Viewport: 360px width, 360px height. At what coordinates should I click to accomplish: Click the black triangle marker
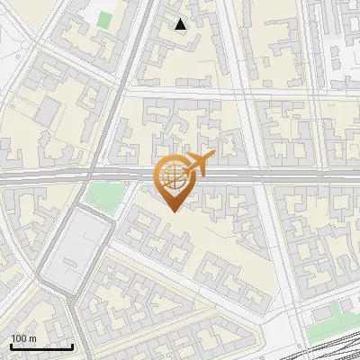coord(181,24)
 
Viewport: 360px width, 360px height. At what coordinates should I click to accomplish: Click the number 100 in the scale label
coord(18,338)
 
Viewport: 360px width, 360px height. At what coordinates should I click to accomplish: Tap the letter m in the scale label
coord(32,338)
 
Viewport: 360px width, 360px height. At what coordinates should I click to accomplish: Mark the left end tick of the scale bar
coord(11,346)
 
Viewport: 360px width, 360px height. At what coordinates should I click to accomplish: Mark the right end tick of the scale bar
coord(73,346)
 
